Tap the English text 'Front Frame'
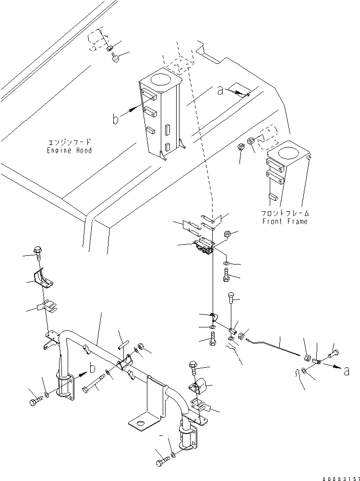click(285, 221)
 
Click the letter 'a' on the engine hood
click(220, 91)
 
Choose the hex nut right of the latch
click(228, 234)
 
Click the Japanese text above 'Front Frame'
click(285, 213)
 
